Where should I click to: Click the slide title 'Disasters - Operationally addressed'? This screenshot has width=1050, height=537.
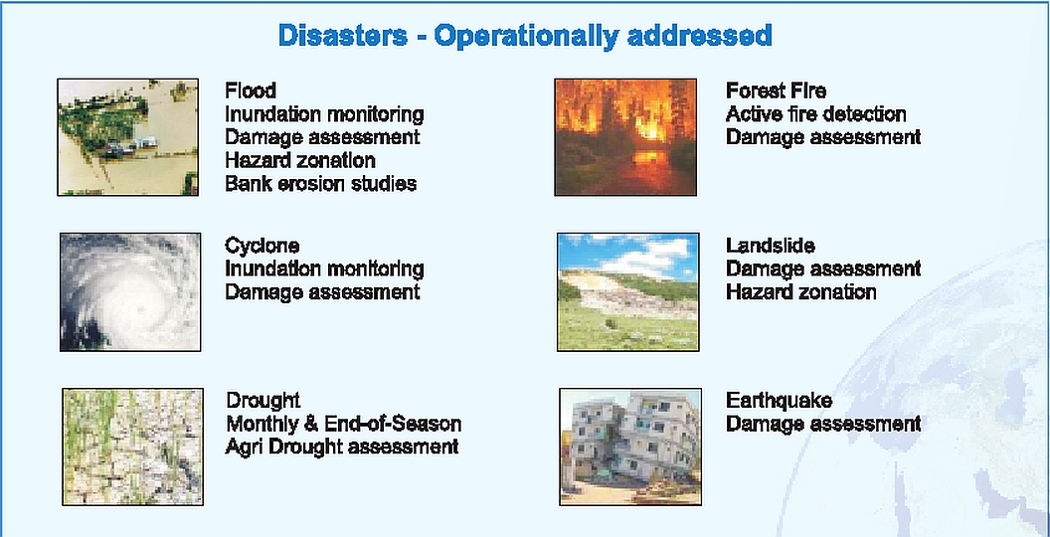pos(525,37)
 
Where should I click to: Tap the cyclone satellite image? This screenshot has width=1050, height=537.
pos(129,291)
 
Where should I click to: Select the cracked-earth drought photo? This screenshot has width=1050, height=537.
pos(132,447)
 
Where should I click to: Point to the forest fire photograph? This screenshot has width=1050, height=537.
pos(625,137)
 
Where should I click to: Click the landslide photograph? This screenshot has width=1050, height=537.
pos(627,291)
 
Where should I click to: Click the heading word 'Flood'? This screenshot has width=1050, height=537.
pos(250,91)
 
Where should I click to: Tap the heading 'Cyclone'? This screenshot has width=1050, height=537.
pos(262,246)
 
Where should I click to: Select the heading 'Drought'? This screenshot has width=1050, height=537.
pos(262,401)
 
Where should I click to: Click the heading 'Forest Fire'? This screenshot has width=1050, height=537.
pos(776,91)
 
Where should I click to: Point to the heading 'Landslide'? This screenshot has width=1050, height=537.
pos(770,246)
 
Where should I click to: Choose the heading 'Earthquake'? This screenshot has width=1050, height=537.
pos(779,401)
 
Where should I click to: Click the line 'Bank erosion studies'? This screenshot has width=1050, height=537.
pos(320,184)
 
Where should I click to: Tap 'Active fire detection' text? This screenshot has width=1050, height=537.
pos(815,114)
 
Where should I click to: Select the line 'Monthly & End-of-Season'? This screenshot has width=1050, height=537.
pos(343,424)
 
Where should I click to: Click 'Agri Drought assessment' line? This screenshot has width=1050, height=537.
pos(341,447)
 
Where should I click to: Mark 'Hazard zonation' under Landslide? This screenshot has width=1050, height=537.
pos(800,292)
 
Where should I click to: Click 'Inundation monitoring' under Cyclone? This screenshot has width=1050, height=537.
pos(324,268)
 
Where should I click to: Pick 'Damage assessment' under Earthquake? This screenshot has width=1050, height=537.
pos(823,424)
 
